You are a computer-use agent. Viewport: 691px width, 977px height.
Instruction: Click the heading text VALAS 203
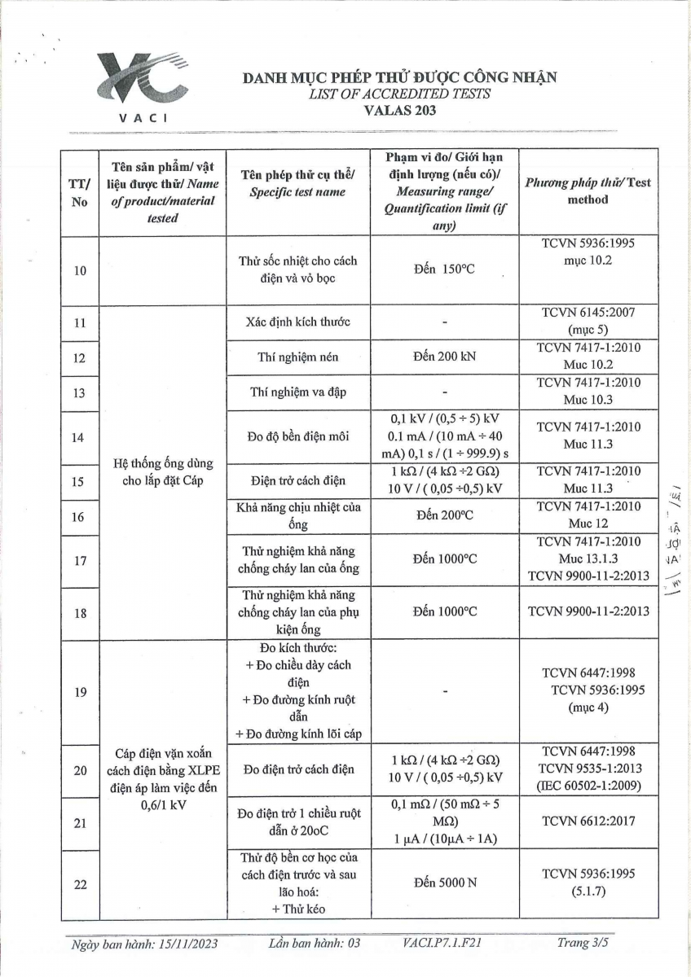click(x=399, y=109)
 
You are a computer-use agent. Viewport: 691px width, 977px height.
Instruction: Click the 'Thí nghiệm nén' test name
click(x=297, y=356)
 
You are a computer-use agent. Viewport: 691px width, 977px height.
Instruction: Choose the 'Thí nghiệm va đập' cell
click(x=297, y=392)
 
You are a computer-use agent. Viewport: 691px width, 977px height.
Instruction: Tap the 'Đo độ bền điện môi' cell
click(x=297, y=437)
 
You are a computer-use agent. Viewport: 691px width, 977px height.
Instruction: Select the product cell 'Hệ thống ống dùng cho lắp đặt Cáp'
click(x=162, y=471)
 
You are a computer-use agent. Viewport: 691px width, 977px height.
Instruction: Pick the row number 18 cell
click(x=79, y=611)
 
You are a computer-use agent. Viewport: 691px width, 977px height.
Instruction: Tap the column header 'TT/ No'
click(x=79, y=193)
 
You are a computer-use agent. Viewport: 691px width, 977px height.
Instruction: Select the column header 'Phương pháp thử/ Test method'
click(x=588, y=191)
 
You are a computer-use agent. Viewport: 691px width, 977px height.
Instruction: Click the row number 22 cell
click(x=79, y=883)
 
